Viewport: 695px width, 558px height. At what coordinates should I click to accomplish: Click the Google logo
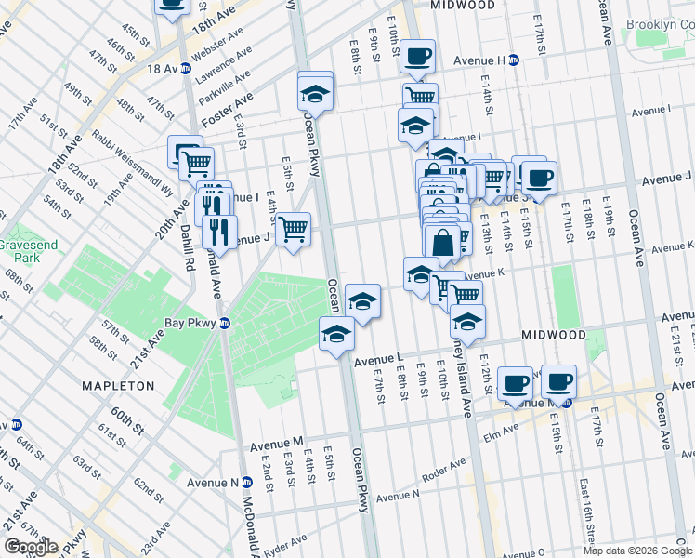pos(31,548)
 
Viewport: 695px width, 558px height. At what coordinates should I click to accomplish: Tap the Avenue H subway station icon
pos(513,60)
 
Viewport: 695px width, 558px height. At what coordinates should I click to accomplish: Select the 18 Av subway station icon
pos(185,69)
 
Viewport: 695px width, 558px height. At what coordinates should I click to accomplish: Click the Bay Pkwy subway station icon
pos(238,324)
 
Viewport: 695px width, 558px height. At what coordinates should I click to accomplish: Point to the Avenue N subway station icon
pos(247,482)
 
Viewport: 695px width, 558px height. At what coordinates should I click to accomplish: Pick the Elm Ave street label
pos(496,430)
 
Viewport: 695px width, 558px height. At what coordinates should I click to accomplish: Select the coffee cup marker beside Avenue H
pos(418,58)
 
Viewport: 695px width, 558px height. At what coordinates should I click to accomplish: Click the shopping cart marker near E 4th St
pos(293,228)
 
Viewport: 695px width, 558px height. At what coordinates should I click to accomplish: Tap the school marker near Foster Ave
pos(316,94)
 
